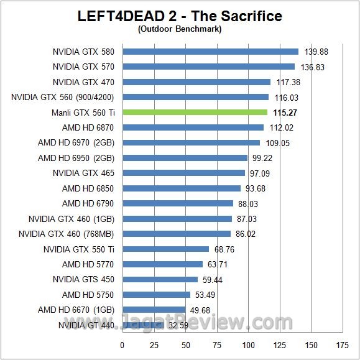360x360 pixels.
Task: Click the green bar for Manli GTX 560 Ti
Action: tap(195, 113)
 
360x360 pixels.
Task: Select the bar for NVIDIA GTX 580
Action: tap(210, 52)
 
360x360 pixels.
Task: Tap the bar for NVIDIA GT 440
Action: tap(142, 325)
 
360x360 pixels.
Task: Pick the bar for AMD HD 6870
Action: tap(193, 127)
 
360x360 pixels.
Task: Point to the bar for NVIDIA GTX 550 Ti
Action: tap(165, 249)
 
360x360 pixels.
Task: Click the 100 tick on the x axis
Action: tap(249, 345)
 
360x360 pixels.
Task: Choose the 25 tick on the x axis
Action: tap(154, 345)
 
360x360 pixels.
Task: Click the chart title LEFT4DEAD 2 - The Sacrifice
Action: tap(180, 16)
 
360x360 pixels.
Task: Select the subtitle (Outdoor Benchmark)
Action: tap(180, 29)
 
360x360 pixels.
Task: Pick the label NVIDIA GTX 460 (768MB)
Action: tap(67, 234)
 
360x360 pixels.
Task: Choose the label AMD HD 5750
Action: tap(88, 295)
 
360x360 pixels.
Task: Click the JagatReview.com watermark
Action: tap(218, 323)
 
